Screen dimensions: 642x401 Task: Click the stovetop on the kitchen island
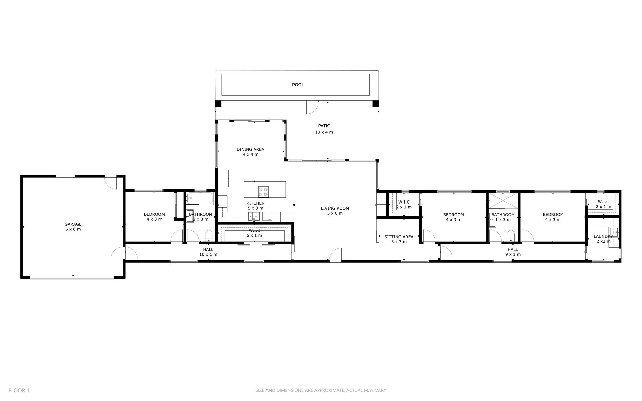263,192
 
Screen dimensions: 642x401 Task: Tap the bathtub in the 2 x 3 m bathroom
200,198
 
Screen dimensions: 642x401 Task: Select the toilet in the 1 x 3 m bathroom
511,236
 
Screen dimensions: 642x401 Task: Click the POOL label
298,85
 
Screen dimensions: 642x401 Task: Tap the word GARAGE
73,224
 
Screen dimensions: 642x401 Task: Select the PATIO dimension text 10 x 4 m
324,132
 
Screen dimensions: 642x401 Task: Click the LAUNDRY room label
603,236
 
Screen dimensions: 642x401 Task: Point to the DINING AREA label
250,149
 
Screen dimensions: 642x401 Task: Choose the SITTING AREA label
399,237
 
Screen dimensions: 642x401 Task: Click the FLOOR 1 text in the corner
19,390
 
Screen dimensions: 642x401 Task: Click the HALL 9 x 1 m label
513,252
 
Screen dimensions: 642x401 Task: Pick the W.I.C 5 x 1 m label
255,233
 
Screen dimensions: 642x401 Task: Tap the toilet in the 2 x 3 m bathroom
209,236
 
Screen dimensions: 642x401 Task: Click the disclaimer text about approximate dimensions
321,390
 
